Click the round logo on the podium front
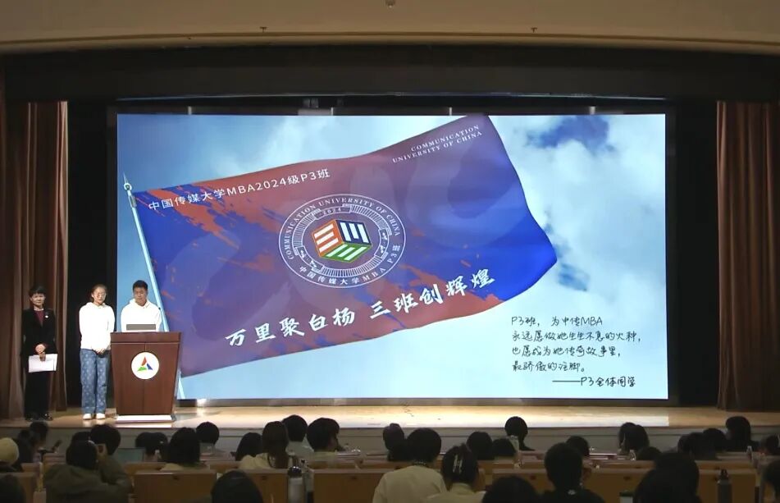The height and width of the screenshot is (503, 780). [145, 365]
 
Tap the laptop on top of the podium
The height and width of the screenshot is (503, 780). [141, 327]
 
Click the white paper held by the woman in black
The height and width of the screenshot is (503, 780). [43, 363]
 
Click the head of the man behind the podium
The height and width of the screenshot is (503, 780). [140, 290]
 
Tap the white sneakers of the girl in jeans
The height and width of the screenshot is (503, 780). [94, 416]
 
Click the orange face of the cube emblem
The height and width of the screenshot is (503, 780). [327, 240]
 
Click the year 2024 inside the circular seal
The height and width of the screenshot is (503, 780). [342, 211]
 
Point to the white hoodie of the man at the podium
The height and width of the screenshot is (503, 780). [141, 316]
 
